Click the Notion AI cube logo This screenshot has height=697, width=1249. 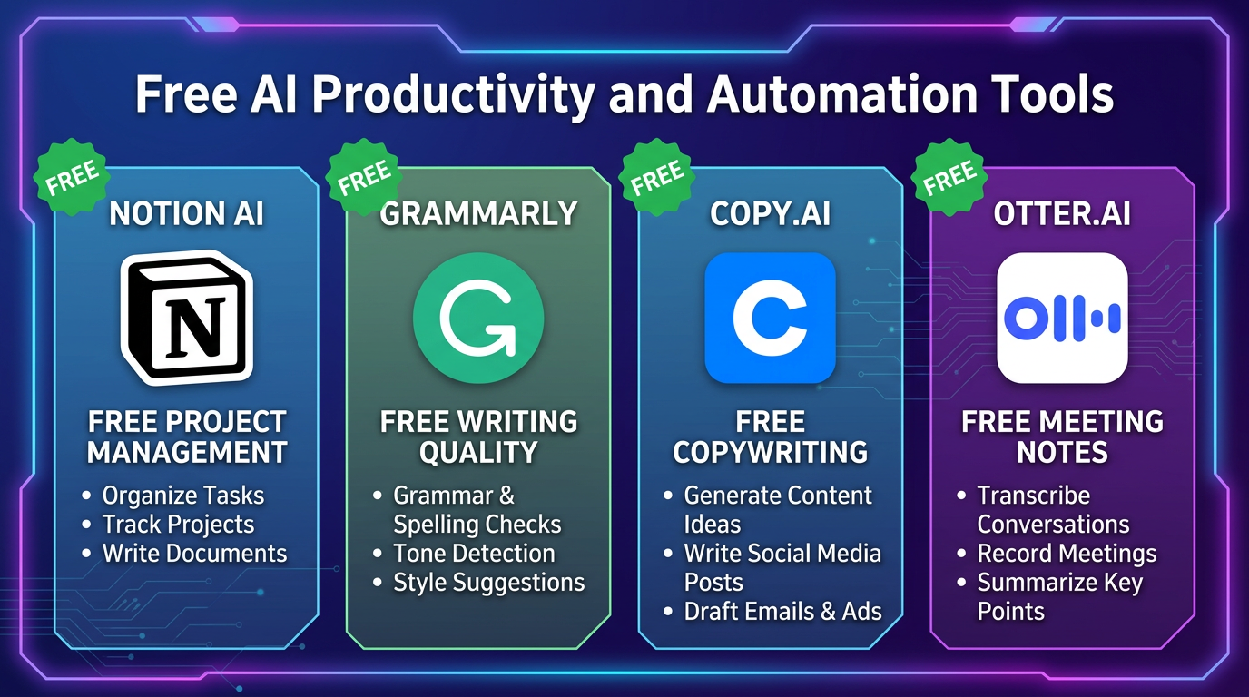(186, 318)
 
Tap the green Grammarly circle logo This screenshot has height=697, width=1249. (478, 318)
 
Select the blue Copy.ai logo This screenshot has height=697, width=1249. (770, 318)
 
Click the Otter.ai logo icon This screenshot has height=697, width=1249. (1062, 318)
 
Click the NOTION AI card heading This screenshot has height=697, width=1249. (186, 214)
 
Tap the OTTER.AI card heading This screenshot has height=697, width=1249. (1062, 214)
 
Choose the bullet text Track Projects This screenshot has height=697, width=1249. (178, 525)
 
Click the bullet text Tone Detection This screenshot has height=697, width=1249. (474, 554)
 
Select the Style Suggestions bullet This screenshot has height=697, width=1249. (488, 583)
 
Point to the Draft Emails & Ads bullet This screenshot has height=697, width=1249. (782, 612)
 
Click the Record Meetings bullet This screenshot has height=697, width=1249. (1067, 554)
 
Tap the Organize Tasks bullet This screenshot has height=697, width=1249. (182, 496)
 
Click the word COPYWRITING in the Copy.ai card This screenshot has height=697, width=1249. (770, 452)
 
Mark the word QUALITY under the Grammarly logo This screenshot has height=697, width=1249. (478, 452)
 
